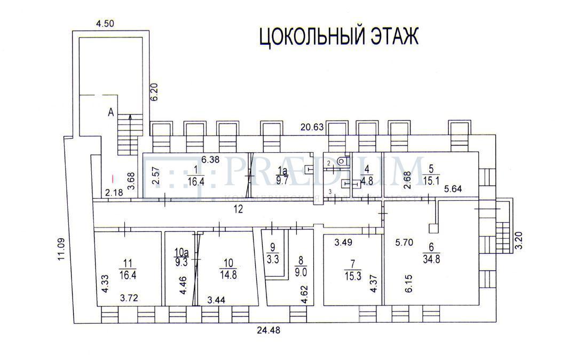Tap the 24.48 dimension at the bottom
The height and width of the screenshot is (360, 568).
click(267, 330)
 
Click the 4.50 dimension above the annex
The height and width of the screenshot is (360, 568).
click(105, 23)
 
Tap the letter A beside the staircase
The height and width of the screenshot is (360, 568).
click(111, 113)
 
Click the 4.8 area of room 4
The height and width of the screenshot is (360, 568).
click(366, 180)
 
